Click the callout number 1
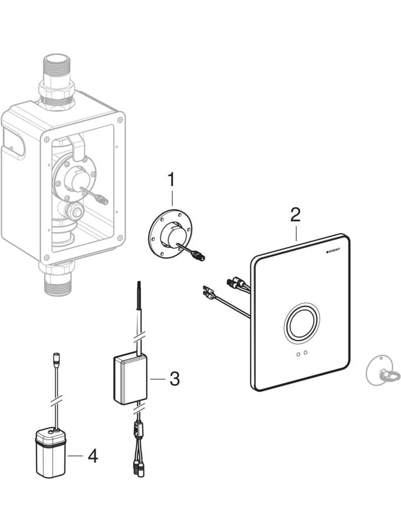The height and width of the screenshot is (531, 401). [172, 179]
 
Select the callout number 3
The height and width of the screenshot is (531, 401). [175, 379]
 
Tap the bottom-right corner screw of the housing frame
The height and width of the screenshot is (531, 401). [120, 238]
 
